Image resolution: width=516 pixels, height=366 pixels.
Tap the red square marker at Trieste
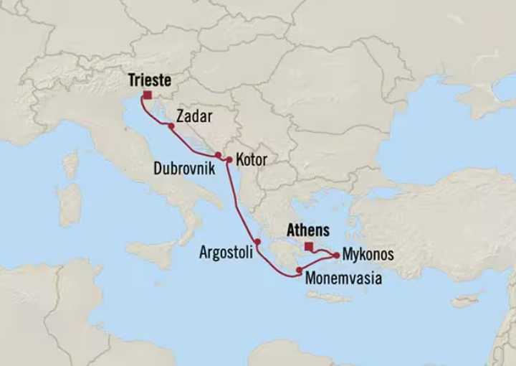[x=147, y=95]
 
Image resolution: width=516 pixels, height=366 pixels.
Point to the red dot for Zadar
[x=171, y=126]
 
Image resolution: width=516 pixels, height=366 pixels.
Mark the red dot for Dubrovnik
[x=218, y=154]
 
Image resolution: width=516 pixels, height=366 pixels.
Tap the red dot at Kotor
[x=229, y=159]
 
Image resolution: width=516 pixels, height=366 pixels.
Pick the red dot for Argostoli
[x=257, y=241]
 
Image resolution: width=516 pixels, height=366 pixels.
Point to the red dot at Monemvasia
[x=298, y=268]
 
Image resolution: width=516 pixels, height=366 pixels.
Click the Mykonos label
[x=368, y=254]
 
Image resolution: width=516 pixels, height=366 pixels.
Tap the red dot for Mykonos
[x=335, y=254]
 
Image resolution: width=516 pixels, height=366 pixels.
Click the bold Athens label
[x=307, y=230]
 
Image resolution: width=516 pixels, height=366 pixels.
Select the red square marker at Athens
[x=308, y=246]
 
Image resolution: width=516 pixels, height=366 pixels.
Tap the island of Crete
[x=330, y=296]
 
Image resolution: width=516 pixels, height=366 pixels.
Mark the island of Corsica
[x=71, y=165]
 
